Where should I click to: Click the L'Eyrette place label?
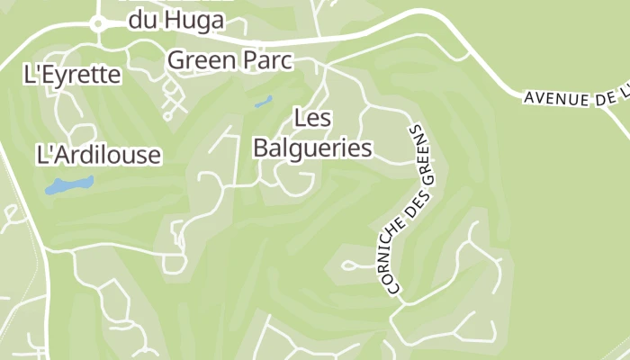click(72, 75)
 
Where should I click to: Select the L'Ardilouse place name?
click(98, 155)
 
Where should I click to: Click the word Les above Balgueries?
click(312, 118)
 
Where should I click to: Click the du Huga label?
click(175, 19)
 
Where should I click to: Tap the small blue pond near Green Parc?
click(263, 103)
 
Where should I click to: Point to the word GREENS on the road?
click(424, 154)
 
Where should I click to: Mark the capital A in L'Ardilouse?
click(55, 155)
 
